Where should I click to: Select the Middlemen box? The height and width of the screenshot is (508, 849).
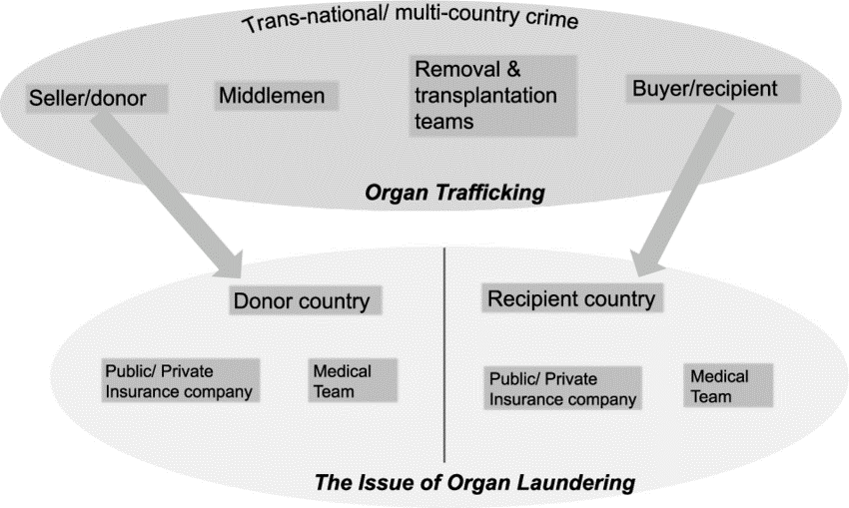point(276,96)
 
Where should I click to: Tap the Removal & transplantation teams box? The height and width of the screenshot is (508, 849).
point(492,96)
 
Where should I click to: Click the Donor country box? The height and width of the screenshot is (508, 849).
point(301,300)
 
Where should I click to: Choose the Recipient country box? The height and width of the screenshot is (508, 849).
point(570,298)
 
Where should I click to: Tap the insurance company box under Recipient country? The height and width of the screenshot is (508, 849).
point(562,387)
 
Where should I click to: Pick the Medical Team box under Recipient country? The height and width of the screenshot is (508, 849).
point(718,384)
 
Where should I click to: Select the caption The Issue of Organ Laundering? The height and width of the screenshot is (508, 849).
point(474,483)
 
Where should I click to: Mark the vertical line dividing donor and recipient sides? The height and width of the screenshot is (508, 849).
point(443,359)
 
